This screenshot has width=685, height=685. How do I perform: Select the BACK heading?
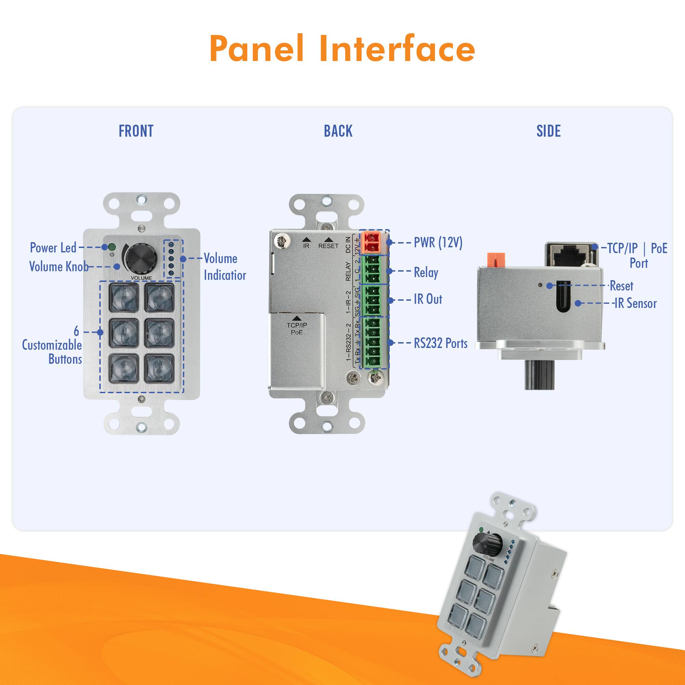tap(338, 131)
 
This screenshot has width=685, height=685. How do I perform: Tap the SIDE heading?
tap(548, 131)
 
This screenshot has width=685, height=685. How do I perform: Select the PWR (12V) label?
tap(438, 243)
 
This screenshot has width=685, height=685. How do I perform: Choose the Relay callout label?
tap(426, 272)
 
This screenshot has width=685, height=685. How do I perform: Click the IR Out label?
tap(428, 299)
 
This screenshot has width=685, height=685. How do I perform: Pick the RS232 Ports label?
tap(440, 343)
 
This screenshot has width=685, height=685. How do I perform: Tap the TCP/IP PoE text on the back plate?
tap(297, 329)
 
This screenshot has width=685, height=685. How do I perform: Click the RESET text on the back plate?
tap(328, 246)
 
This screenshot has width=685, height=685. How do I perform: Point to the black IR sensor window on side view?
tap(563, 296)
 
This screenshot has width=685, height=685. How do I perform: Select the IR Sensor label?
tap(635, 303)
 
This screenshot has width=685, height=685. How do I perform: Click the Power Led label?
tap(53, 248)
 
